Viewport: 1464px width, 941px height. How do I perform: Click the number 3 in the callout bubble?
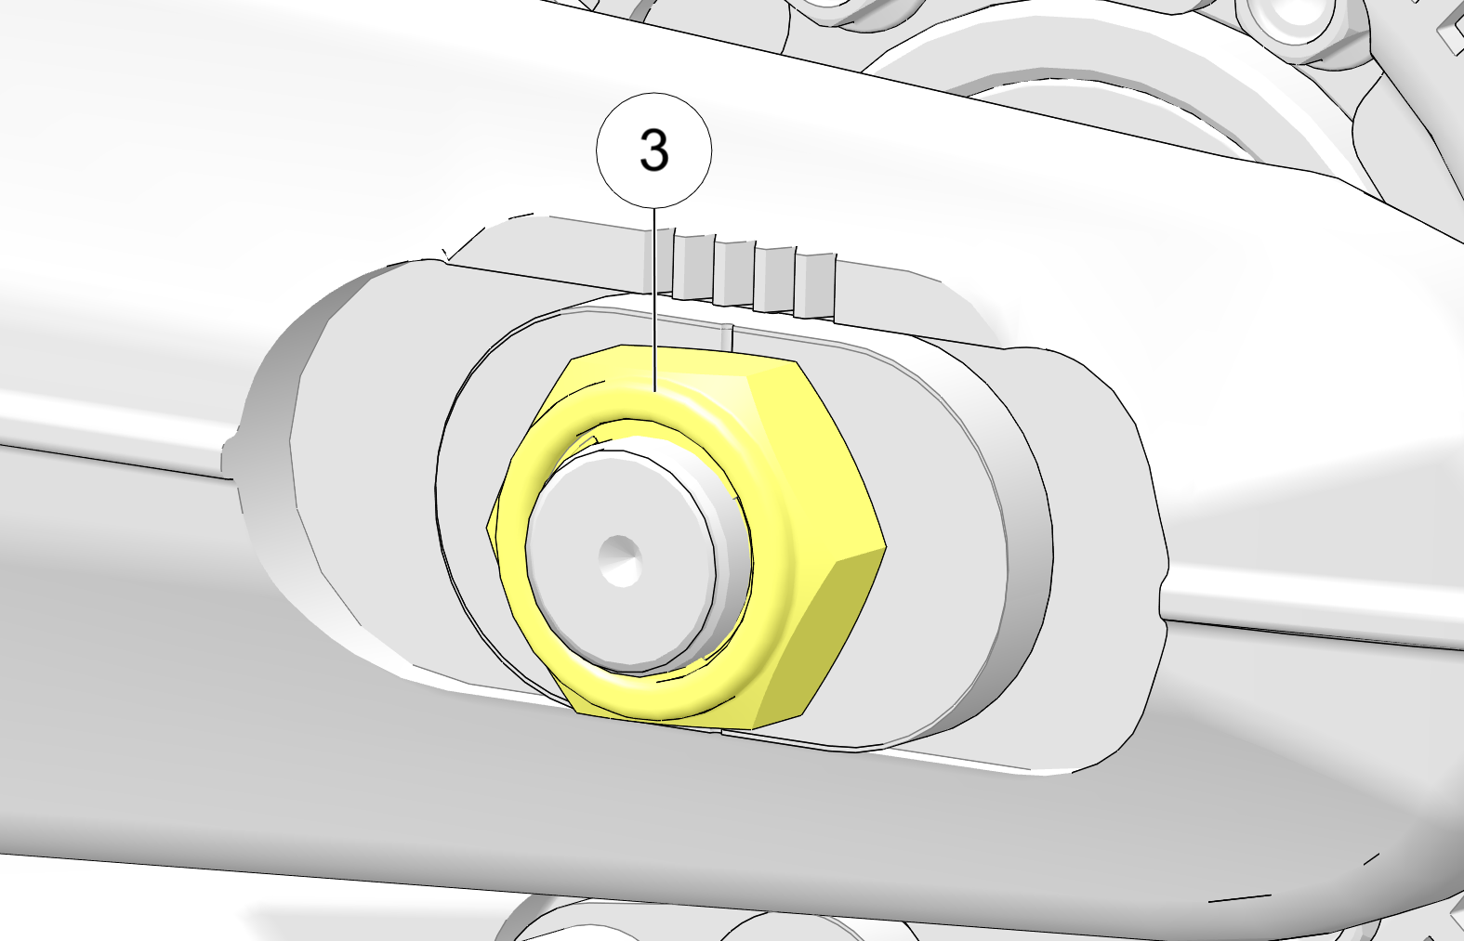654,150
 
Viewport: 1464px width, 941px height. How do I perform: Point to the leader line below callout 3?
654,299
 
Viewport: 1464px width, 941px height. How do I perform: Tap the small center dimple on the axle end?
620,561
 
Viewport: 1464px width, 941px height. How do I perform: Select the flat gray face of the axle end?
620,562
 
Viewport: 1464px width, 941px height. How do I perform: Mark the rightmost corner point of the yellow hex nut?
886,546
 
